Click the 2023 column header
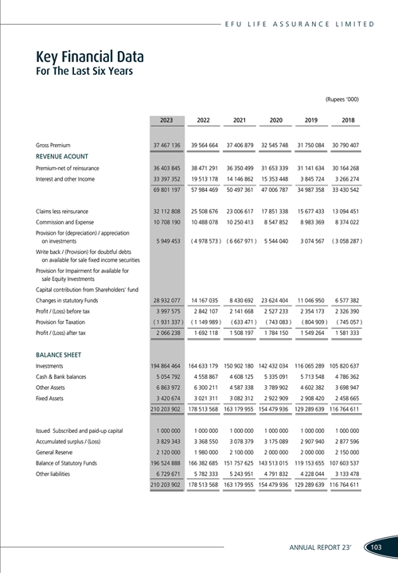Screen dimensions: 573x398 point(166,119)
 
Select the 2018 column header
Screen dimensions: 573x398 point(348,119)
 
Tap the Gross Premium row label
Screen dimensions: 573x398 point(53,146)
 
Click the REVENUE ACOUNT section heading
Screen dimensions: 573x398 point(61,157)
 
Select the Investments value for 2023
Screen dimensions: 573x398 point(166,364)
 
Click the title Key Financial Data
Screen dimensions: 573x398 point(89,57)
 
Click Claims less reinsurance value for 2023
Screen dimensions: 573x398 point(166,210)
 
